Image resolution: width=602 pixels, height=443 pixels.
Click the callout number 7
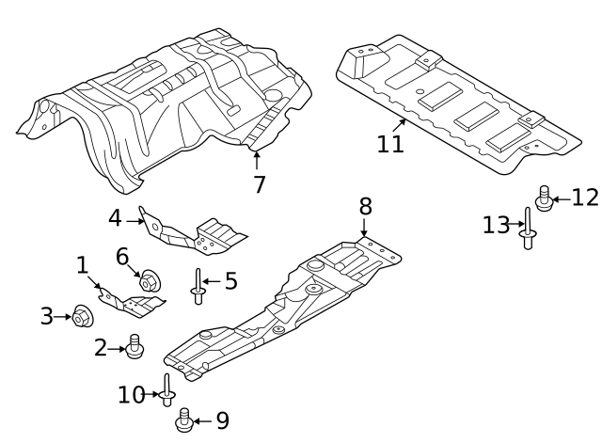point(260,184)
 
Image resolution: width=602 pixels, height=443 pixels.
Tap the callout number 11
point(389,144)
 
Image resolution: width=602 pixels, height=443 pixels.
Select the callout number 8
point(365,205)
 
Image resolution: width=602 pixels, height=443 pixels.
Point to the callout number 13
point(496,225)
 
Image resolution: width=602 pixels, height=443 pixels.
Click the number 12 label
point(584,198)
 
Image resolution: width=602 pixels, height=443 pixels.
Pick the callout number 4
point(115,218)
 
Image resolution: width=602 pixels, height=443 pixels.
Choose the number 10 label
point(132,395)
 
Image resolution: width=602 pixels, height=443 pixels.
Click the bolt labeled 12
point(543,198)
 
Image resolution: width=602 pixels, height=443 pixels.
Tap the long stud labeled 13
point(529,229)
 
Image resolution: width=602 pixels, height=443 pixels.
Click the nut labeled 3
point(80,317)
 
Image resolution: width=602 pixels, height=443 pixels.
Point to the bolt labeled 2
point(135,347)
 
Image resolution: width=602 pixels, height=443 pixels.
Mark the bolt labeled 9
point(184,419)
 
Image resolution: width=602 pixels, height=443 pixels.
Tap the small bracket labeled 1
point(132,302)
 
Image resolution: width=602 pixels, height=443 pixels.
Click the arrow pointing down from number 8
point(364,226)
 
